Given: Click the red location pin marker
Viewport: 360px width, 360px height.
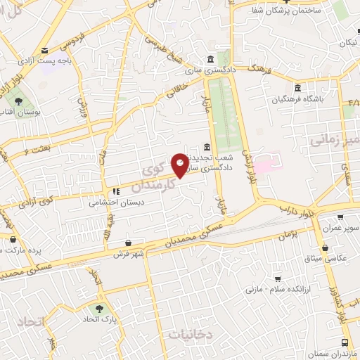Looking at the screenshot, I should pyautogui.click(x=180, y=165).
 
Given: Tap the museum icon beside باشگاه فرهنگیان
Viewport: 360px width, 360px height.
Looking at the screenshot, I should pyautogui.click(x=298, y=89).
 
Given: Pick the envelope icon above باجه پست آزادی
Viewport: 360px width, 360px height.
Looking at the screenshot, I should pyautogui.click(x=45, y=50).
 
